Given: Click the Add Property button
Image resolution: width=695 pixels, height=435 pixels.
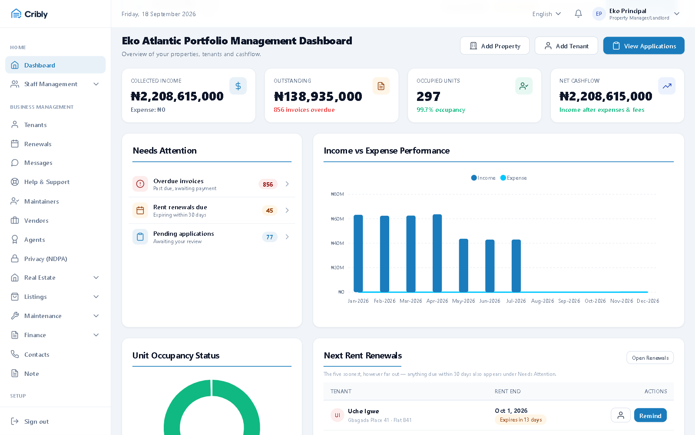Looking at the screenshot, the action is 495,46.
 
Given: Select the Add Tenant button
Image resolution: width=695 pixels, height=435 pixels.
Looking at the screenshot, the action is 566,46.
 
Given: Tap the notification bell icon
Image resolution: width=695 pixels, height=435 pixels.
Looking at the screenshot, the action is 578,13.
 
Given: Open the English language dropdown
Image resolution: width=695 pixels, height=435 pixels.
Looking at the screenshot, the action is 546,14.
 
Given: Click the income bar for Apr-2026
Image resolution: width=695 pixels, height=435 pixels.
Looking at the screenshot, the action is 437,253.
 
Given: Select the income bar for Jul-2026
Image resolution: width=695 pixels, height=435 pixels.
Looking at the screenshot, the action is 516,266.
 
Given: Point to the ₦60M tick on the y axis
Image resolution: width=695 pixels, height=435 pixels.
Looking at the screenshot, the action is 337,219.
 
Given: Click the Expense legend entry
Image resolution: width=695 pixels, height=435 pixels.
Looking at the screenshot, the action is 513,178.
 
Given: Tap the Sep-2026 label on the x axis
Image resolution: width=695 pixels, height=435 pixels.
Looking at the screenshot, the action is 569,301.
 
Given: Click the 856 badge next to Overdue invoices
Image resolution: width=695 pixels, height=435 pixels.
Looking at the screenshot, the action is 268,184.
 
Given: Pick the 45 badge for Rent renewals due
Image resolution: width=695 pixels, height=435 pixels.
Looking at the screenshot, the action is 269,211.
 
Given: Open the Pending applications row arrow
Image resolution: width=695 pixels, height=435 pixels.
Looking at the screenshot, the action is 287,237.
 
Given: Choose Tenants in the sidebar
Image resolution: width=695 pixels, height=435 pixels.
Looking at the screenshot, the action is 35,125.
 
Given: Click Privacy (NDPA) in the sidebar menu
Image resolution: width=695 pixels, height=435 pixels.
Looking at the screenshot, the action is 46,259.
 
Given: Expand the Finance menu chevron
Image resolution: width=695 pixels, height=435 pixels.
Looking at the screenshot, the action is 96,335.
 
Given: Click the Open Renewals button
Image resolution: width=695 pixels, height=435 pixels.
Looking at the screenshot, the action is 650,358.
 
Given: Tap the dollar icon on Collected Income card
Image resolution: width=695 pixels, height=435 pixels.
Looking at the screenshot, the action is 238,86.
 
